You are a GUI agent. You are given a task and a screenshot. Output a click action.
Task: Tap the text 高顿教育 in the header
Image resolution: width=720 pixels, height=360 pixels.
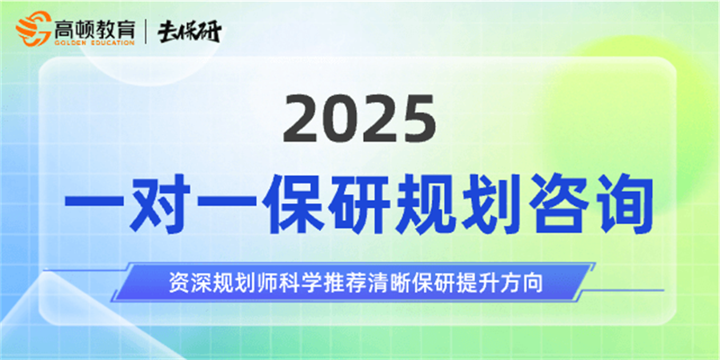click(x=94, y=29)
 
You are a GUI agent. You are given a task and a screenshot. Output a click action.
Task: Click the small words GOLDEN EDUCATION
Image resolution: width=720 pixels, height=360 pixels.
click(x=94, y=43)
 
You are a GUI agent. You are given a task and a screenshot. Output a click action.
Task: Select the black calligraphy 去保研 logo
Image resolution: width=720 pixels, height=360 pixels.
click(x=189, y=32)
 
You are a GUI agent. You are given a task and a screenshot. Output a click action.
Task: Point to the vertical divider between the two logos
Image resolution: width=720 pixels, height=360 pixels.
click(x=146, y=32)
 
